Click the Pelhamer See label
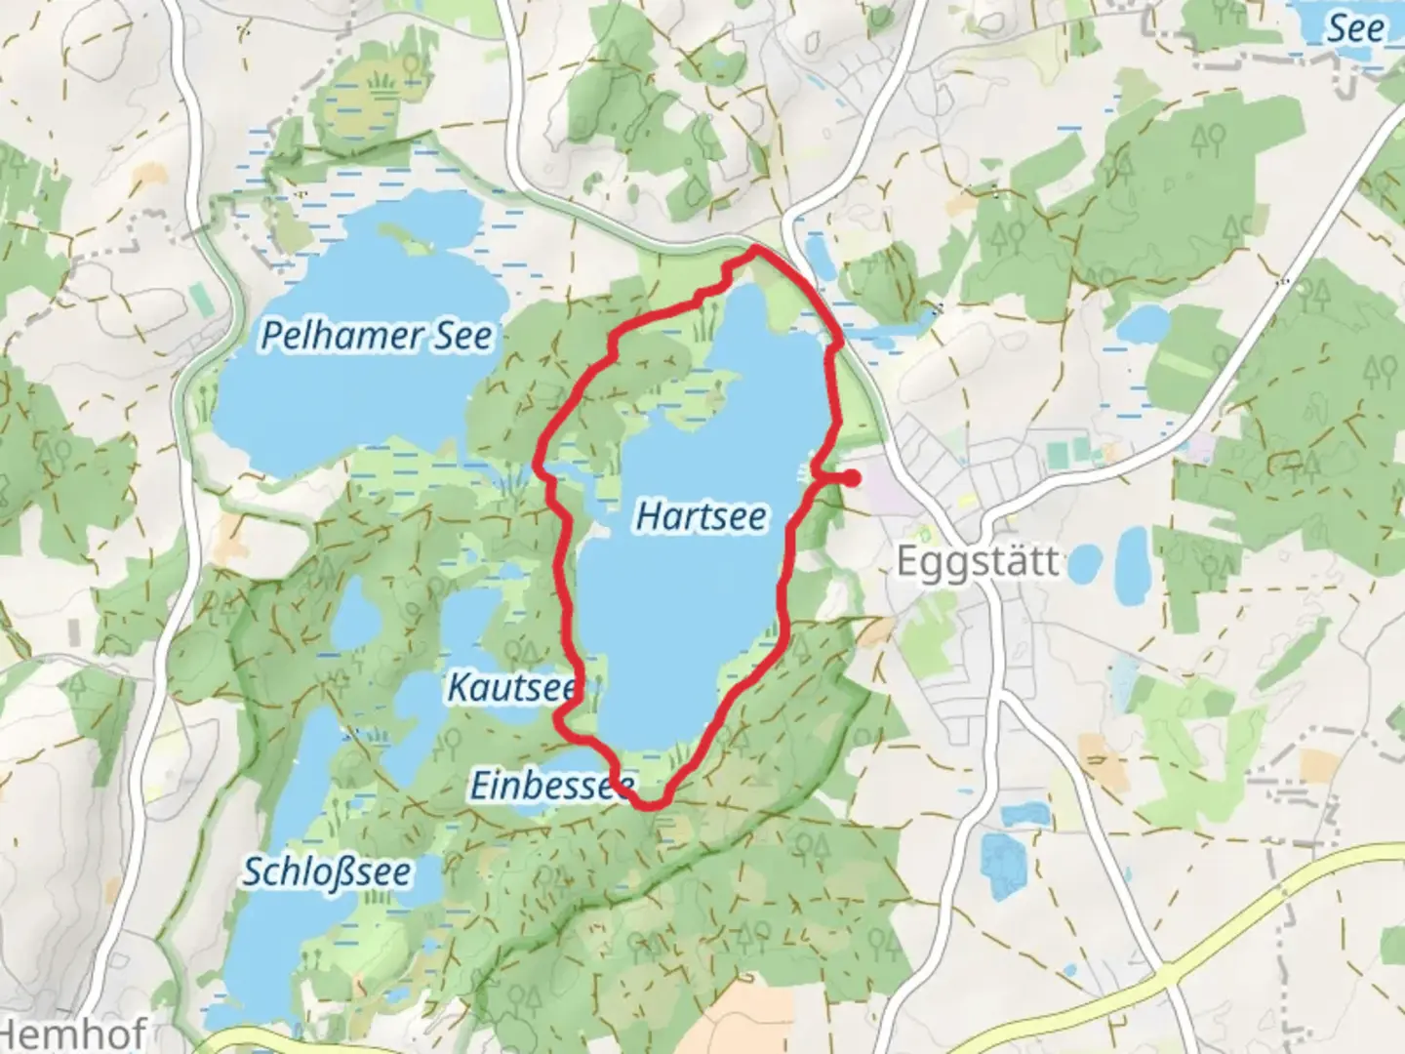(377, 336)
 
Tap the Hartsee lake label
(701, 515)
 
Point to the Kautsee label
(511, 687)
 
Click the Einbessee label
(552, 785)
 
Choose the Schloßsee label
(327, 872)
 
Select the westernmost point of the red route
(540, 466)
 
